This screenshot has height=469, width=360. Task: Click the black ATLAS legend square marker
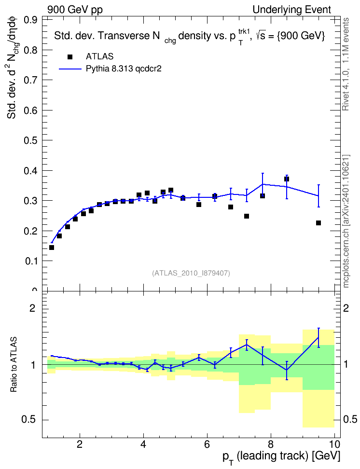click(x=70, y=57)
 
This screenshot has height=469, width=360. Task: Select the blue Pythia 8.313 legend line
click(x=70, y=69)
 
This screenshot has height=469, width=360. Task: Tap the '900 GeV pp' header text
click(x=75, y=10)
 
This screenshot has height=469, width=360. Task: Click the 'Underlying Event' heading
click(x=292, y=10)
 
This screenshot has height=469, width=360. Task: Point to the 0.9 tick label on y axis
click(x=30, y=20)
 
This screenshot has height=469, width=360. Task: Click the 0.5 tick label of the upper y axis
click(x=30, y=140)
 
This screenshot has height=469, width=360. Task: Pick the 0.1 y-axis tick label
click(x=30, y=261)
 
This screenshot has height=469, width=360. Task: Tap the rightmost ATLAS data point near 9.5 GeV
click(x=318, y=223)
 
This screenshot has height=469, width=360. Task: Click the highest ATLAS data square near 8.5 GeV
click(x=287, y=179)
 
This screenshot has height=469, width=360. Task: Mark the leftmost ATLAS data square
click(x=52, y=248)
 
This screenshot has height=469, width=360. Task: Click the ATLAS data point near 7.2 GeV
click(x=247, y=216)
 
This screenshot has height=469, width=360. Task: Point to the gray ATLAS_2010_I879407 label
click(x=191, y=273)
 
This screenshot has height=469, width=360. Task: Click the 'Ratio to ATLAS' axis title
click(x=14, y=365)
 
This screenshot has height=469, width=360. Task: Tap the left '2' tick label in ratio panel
click(x=32, y=308)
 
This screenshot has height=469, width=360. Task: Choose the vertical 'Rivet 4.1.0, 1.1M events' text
click(x=346, y=64)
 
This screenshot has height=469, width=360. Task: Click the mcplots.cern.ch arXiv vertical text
click(x=346, y=221)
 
